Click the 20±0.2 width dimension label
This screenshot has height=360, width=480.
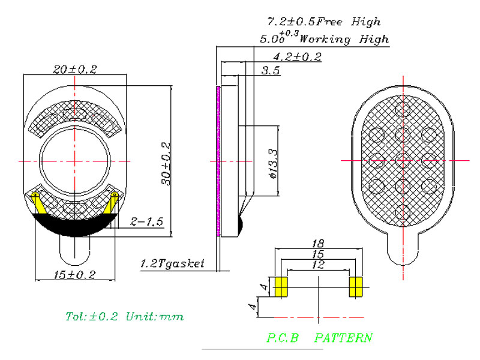(75, 69)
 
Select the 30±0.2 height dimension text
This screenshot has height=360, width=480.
(166, 163)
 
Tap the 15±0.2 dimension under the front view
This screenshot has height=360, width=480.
(74, 275)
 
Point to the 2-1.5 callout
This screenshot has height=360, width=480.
(146, 221)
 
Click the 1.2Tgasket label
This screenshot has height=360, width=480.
(172, 263)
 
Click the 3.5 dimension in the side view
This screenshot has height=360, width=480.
(271, 70)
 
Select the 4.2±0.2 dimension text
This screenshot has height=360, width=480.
(297, 56)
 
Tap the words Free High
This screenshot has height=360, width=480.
(349, 22)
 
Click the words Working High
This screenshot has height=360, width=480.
(344, 39)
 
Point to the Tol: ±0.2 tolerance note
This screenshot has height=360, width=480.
(92, 316)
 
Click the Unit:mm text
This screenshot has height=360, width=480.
(155, 316)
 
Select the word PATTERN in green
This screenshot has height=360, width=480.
(343, 338)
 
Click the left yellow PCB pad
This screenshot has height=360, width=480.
(281, 287)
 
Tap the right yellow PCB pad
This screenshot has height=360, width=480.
(356, 287)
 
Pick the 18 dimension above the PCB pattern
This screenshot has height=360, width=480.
(318, 244)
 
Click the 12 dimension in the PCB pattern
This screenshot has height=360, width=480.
(318, 265)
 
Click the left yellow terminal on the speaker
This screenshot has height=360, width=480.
(38, 203)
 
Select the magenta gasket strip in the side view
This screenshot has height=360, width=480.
(218, 161)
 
